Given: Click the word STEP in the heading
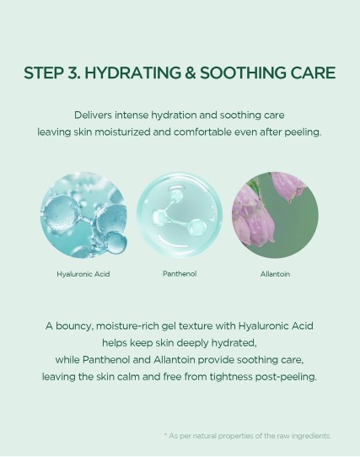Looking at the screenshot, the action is pos(44,73).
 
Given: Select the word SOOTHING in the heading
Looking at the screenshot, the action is pos(243,73).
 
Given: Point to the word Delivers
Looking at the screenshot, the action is pos(93,115).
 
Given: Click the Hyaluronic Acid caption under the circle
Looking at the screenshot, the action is pos(83,274).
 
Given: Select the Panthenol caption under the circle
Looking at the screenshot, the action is pos(180,274).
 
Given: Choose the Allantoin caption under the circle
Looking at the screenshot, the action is pos(275,274).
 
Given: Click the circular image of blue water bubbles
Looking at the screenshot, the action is pos(83,215).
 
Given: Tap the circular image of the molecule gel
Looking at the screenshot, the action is pos(180,215).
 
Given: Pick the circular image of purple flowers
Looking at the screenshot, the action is pos(275,215).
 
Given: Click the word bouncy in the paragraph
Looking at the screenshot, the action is pos(74,325).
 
